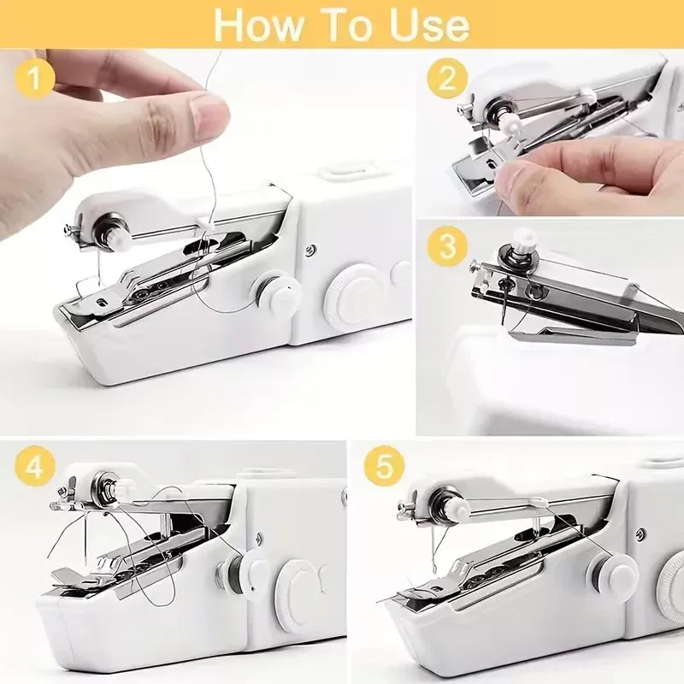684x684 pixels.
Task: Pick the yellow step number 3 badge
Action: [447, 249]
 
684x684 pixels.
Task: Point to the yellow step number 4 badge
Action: [35, 467]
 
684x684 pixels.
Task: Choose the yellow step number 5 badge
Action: [383, 467]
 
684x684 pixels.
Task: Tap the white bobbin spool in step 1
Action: [278, 294]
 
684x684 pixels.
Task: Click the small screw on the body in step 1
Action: [310, 250]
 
